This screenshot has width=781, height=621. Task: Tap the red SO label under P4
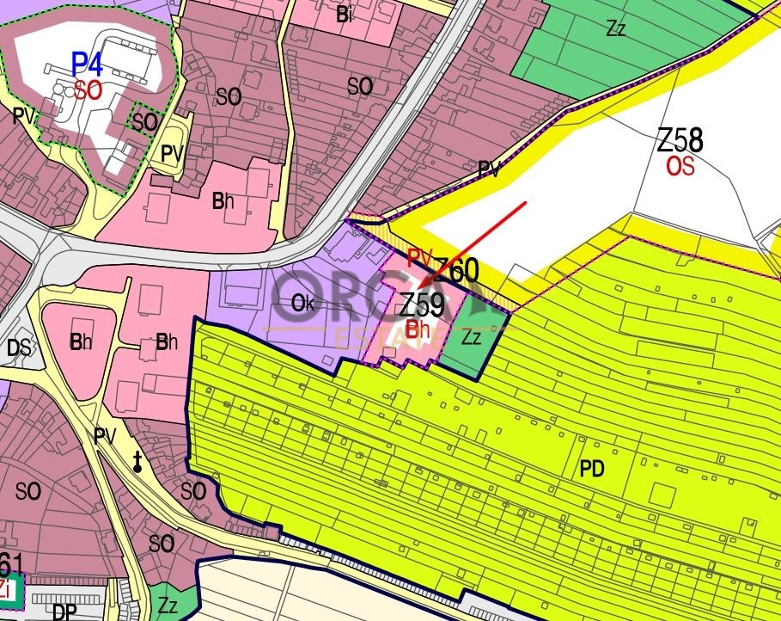[88, 90]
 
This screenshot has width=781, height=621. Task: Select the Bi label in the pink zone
[344, 15]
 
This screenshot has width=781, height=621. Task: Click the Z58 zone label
[680, 140]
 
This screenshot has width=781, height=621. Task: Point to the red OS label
[680, 167]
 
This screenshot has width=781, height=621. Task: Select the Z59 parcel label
[422, 304]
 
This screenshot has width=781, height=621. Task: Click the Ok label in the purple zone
[302, 304]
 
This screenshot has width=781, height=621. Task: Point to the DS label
[18, 347]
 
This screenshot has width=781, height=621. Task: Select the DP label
[64, 612]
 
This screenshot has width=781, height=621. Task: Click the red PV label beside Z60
[418, 256]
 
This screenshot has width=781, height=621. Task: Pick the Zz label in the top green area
[615, 28]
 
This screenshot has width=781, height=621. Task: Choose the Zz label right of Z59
[472, 338]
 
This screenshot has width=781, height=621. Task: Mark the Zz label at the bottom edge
[167, 606]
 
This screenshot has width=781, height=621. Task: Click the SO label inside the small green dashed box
[144, 122]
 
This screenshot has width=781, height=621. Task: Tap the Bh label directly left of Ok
[167, 342]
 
